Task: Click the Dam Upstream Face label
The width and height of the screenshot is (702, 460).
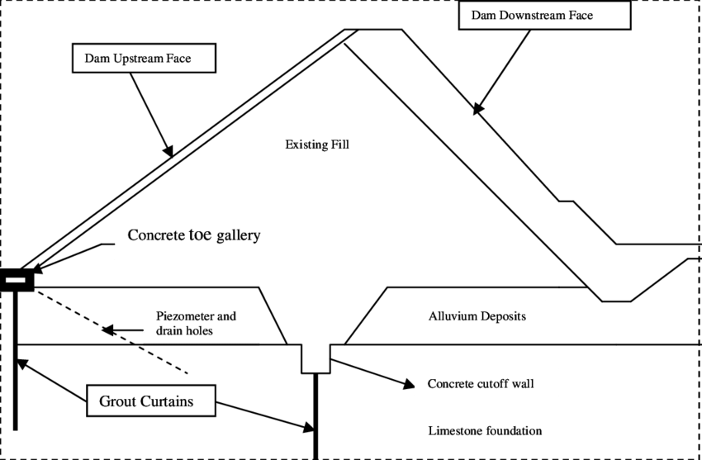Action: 144,59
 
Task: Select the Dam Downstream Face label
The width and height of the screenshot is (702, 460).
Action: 544,16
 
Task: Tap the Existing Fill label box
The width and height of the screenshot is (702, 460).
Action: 330,150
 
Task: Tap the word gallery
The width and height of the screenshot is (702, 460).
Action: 239,236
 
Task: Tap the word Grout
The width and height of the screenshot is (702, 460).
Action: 117,402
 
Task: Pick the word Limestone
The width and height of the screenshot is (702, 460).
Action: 456,430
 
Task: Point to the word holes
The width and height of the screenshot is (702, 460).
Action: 199,330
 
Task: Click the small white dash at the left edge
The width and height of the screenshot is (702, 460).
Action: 16,280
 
